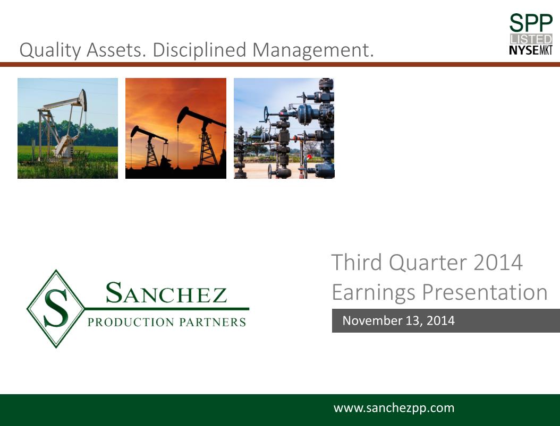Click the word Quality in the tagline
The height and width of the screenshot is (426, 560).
coord(50,50)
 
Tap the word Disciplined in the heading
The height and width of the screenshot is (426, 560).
coord(200,49)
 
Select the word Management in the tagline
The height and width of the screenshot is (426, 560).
coord(311,49)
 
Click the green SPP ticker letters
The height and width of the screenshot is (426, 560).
coord(531,23)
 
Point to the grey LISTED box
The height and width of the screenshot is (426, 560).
coord(531,39)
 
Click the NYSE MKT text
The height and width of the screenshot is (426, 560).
coord(531,50)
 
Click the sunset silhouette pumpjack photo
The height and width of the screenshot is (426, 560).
coord(176,128)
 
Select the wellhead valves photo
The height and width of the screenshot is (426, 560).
coord(284,128)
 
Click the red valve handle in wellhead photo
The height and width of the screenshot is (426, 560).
coord(309,157)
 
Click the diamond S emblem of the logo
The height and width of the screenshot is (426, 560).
coord(56,309)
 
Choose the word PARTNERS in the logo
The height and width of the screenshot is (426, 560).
coord(213,322)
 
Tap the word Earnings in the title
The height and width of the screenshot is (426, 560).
coord(374,293)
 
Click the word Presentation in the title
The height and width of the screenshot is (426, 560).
coord(485,292)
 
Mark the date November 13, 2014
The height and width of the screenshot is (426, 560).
coord(398,320)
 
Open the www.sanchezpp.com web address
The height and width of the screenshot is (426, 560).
coord(394,408)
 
